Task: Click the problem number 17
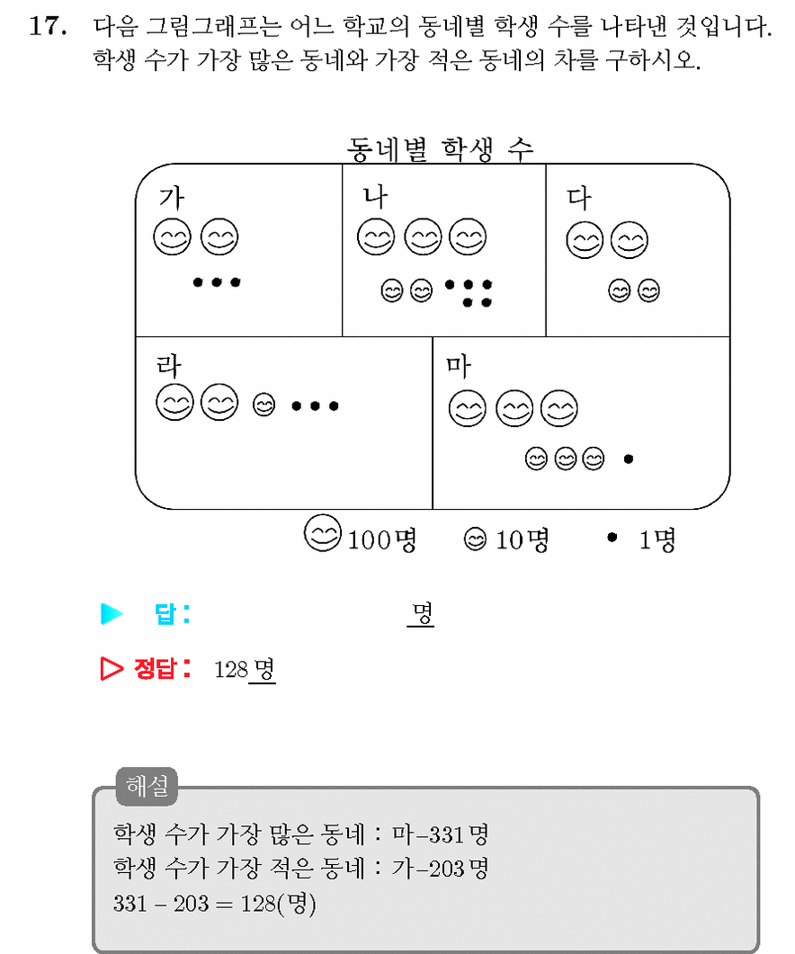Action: [x=48, y=26]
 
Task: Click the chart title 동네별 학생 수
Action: [x=440, y=149]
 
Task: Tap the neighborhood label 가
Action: [x=172, y=197]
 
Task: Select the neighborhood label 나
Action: [x=375, y=197]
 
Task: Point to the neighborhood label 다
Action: [x=579, y=199]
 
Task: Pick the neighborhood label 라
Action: [x=168, y=365]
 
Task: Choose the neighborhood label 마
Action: [x=458, y=366]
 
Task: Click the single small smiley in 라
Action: [x=264, y=405]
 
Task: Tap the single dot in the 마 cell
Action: [x=629, y=459]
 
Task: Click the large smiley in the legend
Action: [x=323, y=533]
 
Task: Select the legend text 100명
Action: [x=381, y=539]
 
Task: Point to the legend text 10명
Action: [x=523, y=539]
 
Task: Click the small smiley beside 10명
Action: [x=476, y=539]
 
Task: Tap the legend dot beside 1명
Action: [x=612, y=537]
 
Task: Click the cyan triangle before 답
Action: [x=112, y=613]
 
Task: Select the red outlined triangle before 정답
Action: [x=112, y=668]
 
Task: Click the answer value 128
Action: [x=231, y=670]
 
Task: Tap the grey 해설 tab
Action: [x=147, y=786]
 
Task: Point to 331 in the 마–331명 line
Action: [x=444, y=834]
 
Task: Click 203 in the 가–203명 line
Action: [x=444, y=869]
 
